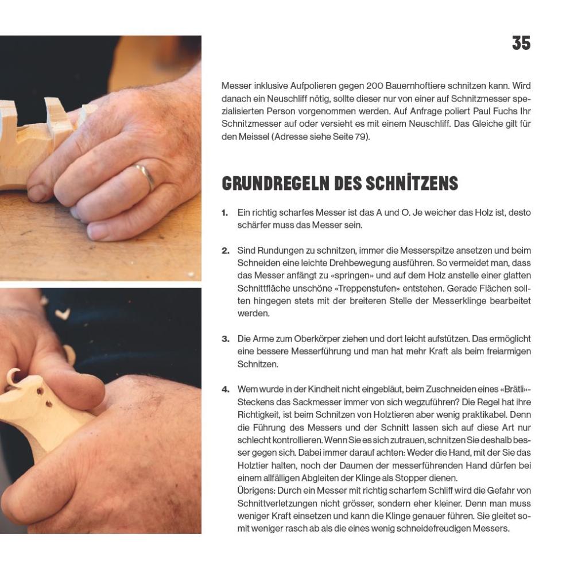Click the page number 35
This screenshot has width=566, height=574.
521,43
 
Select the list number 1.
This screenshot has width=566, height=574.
224,213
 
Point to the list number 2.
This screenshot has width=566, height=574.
225,251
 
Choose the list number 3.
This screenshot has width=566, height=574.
225,339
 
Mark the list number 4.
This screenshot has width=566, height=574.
225,390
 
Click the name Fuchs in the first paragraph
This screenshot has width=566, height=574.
496,111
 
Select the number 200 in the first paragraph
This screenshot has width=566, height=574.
374,86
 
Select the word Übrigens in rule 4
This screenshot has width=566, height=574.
256,490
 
